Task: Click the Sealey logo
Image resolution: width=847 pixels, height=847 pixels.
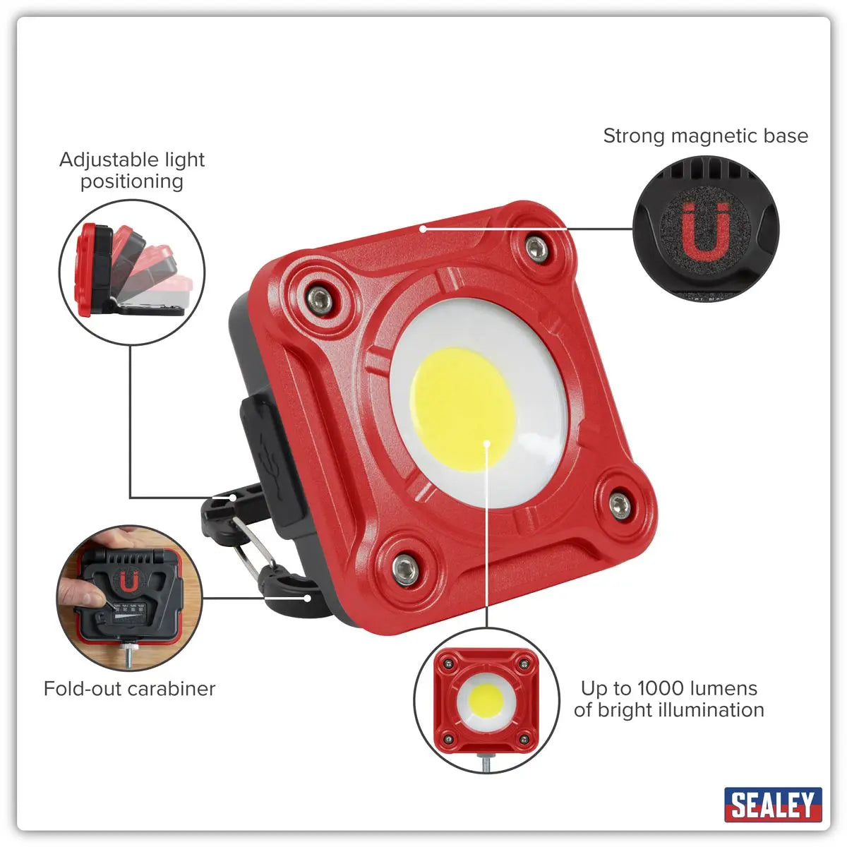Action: (x=773, y=805)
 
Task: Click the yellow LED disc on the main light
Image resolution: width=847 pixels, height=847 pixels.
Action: (x=462, y=409)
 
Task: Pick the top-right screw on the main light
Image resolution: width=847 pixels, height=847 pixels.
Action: (x=536, y=248)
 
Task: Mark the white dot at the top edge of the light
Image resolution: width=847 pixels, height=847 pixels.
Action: (x=422, y=228)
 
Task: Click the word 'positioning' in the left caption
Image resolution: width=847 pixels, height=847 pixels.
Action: (x=132, y=181)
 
